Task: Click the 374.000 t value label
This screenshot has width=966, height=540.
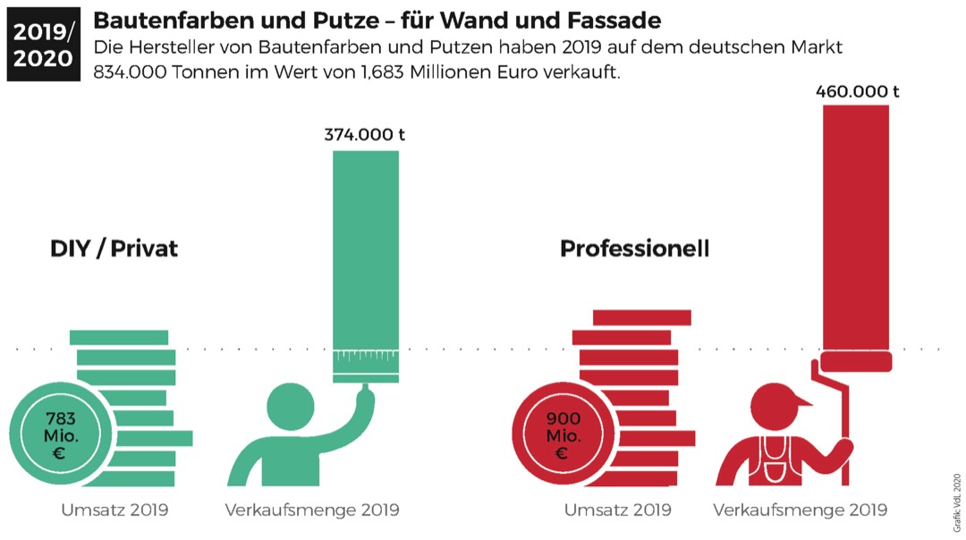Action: point(365,135)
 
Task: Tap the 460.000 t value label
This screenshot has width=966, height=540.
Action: point(857,91)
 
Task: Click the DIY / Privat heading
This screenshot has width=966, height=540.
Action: point(114,249)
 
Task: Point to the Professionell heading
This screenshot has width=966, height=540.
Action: point(634,249)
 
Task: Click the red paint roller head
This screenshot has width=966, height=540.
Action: point(856,360)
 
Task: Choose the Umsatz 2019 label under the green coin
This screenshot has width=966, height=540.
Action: point(114,510)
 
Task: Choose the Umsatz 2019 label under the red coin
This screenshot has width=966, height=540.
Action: point(617,510)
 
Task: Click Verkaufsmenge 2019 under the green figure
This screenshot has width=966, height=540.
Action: point(312,510)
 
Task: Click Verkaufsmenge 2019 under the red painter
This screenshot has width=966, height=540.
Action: point(801,510)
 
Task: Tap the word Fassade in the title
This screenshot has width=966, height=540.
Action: point(612,20)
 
